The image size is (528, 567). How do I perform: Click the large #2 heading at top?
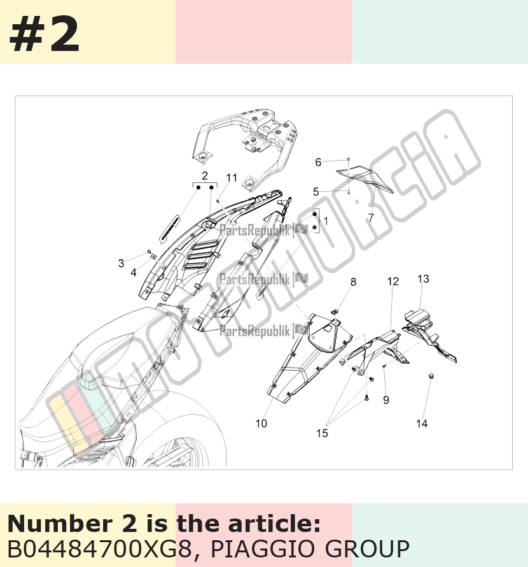click(44, 34)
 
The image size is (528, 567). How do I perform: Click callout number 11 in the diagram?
click(232, 178)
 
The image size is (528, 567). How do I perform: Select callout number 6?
click(318, 162)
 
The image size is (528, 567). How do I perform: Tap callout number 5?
click(316, 192)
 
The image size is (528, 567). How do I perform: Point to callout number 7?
click(371, 217)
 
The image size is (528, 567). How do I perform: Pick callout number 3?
click(121, 263)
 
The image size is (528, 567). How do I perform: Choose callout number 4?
click(133, 272)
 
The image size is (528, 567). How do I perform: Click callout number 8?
click(353, 282)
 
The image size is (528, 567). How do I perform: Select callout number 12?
click(393, 281)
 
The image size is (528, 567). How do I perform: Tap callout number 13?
click(423, 279)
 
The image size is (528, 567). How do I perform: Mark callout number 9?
click(386, 400)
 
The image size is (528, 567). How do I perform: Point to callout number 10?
click(261, 423)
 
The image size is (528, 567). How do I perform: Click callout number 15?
click(322, 433)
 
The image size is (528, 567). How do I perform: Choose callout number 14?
click(422, 423)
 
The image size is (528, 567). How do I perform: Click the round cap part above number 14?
click(431, 376)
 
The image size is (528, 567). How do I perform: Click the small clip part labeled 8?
click(335, 311)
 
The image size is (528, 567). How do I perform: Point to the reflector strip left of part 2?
click(169, 229)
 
